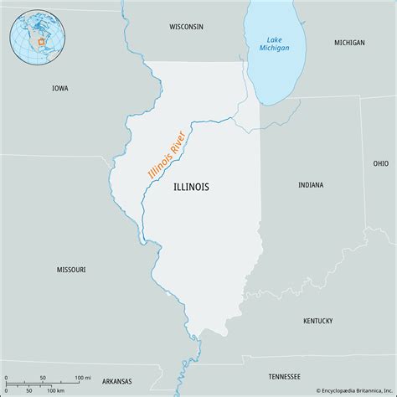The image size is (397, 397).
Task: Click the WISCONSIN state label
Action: (186, 27)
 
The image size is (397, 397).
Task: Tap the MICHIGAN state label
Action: (349, 42)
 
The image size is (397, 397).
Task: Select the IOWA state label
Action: (59, 88)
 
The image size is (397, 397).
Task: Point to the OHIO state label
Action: (381, 163)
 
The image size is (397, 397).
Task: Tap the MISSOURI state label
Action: (70, 270)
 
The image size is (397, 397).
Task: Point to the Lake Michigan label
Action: (276, 44)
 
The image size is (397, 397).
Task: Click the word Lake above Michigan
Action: (276, 39)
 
